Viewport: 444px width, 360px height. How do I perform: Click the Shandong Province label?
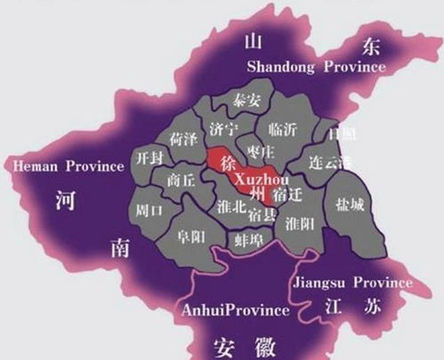pos(316,68)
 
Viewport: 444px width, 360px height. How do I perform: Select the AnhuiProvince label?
pos(235,310)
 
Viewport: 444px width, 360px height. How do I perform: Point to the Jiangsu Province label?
pos(352,283)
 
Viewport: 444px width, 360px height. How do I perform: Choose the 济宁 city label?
pos(222,127)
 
